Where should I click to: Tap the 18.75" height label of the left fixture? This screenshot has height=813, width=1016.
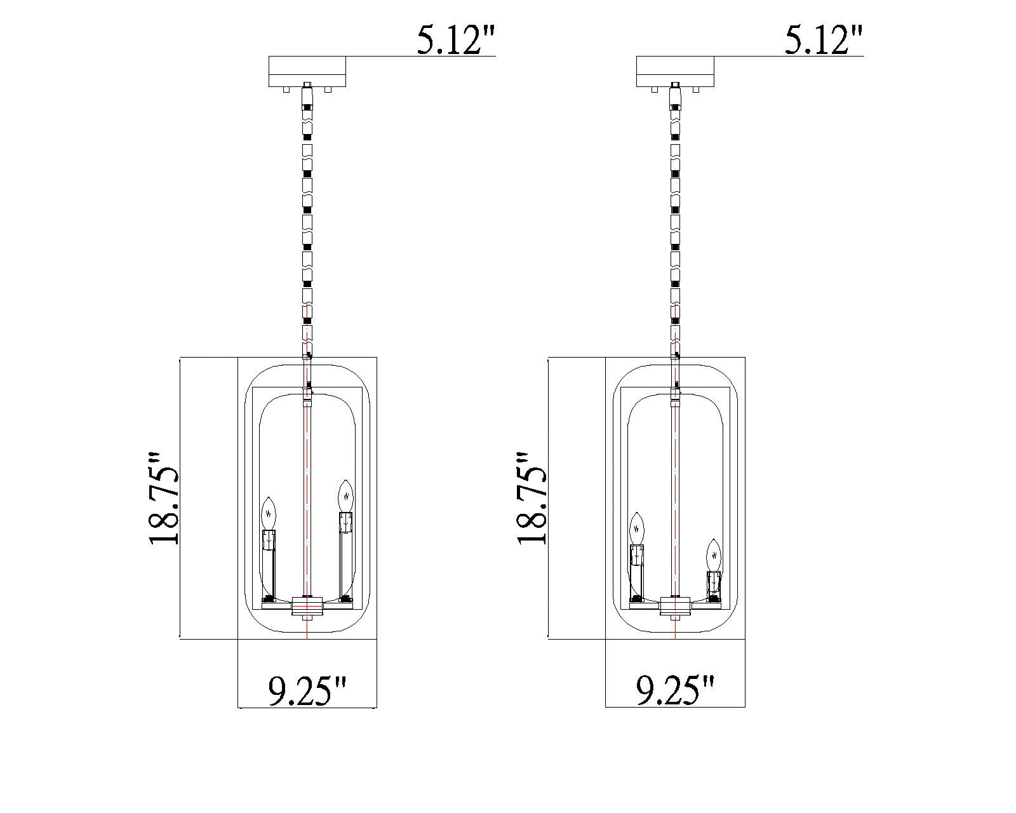[164, 498]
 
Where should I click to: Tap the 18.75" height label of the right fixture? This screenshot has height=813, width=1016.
[531, 498]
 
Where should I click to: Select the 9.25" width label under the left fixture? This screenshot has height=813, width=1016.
[307, 690]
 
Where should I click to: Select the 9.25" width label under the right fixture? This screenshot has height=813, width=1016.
[676, 690]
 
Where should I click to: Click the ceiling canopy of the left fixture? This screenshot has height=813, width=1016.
[307, 72]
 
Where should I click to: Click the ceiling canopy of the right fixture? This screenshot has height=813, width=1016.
[676, 72]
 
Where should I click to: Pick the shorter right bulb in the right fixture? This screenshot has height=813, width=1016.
[714, 556]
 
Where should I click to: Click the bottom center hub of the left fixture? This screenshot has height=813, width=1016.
[307, 607]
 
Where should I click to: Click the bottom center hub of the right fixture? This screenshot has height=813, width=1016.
[675, 607]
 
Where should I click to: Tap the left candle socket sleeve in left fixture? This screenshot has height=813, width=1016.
[269, 541]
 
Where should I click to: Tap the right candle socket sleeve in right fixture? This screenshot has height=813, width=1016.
[714, 581]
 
